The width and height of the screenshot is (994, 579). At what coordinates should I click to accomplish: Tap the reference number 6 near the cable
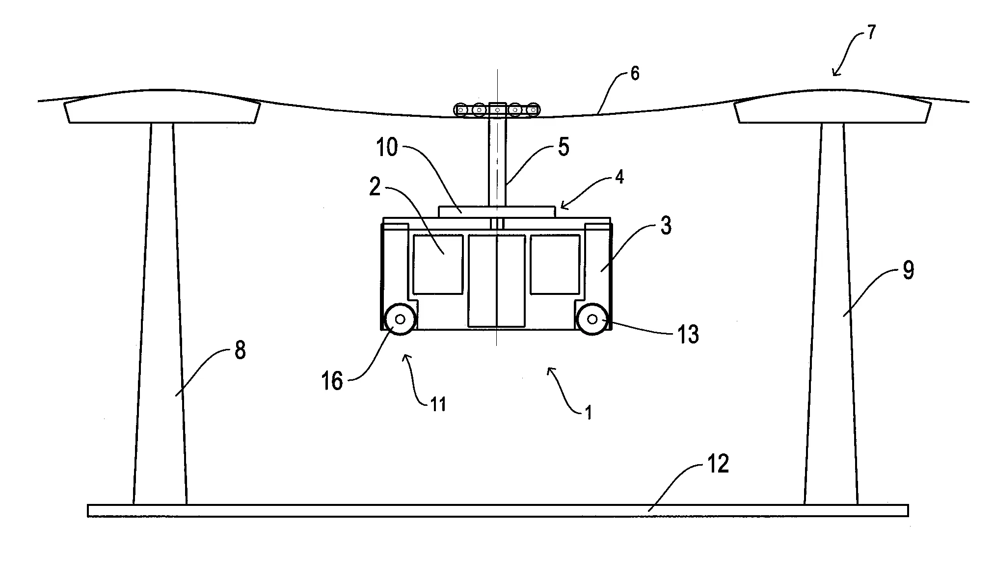click(635, 74)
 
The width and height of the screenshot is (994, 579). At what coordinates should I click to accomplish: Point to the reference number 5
click(564, 147)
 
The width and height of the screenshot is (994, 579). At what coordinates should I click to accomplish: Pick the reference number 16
click(332, 381)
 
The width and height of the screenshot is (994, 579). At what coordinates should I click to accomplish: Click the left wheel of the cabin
click(400, 319)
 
